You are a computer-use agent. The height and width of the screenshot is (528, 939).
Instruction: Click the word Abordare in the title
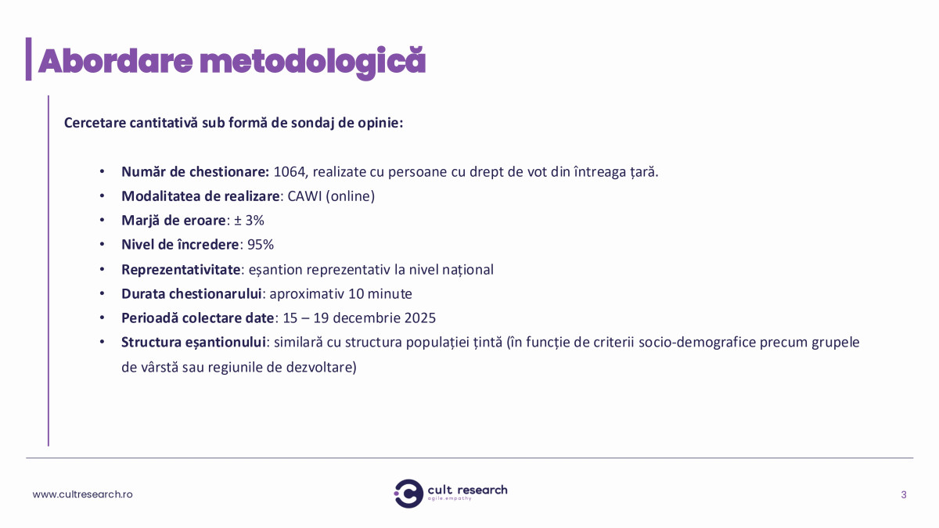pyautogui.click(x=115, y=61)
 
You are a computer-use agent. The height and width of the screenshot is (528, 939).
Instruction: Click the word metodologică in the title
pyautogui.click(x=313, y=63)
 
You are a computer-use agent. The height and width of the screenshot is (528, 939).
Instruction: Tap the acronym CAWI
pyautogui.click(x=304, y=196)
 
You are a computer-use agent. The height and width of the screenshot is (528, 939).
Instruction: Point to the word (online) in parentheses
pyautogui.click(x=350, y=196)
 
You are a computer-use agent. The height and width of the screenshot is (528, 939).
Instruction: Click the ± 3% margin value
pyautogui.click(x=249, y=221)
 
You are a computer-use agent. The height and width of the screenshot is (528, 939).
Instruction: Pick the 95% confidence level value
pyautogui.click(x=261, y=245)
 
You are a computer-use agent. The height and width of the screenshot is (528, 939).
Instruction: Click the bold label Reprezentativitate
pyautogui.click(x=181, y=269)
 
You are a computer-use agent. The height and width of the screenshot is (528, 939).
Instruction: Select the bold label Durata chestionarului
pyautogui.click(x=192, y=294)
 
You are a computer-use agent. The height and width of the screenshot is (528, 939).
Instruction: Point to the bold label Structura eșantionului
pyautogui.click(x=194, y=343)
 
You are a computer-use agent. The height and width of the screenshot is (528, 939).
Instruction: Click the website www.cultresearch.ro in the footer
pyautogui.click(x=83, y=494)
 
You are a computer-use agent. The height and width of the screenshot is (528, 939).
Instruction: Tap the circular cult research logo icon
pyautogui.click(x=408, y=494)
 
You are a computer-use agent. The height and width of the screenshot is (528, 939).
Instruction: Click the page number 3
pyautogui.click(x=904, y=495)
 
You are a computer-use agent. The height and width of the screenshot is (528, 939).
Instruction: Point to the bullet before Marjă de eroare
pyautogui.click(x=102, y=220)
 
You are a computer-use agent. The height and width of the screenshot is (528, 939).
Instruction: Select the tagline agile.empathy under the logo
pyautogui.click(x=449, y=499)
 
